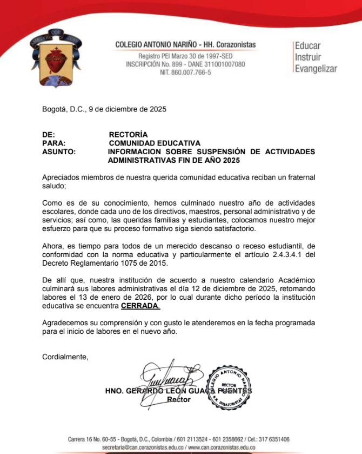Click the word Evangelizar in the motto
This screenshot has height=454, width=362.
pos(316,69)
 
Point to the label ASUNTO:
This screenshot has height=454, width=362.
pos(59,152)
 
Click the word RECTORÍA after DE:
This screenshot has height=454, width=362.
pos(128,134)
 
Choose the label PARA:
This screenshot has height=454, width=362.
pos(54,143)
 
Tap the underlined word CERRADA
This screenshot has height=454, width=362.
pos(140,306)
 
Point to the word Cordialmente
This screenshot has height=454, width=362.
pos(65,357)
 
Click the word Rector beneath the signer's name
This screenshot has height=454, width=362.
pos(179,400)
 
